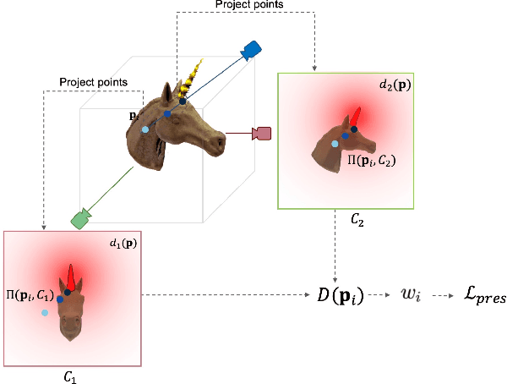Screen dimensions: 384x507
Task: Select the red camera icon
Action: [x=262, y=133]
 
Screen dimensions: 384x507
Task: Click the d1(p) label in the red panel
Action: [x=123, y=244]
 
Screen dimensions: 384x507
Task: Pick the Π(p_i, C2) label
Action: [x=372, y=159]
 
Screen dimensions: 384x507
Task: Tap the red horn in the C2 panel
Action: [x=358, y=116]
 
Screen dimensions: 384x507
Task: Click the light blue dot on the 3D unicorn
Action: [x=144, y=129]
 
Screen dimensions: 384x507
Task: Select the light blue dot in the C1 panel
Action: [x=45, y=313]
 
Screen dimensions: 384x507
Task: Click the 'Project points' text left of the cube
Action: [x=93, y=82]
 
